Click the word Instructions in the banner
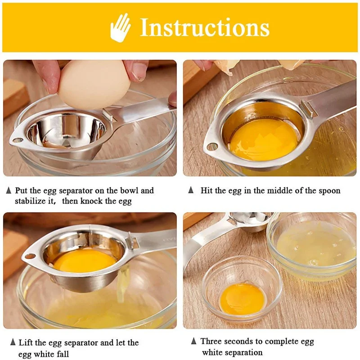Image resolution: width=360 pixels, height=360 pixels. pyautogui.click(x=205, y=28)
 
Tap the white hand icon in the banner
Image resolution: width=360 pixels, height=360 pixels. pyautogui.click(x=121, y=27)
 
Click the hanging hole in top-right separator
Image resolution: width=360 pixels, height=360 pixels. pyautogui.click(x=211, y=147)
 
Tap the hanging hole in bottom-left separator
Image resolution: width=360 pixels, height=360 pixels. pyautogui.click(x=30, y=256)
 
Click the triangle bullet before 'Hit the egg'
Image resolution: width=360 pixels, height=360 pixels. pyautogui.click(x=191, y=190)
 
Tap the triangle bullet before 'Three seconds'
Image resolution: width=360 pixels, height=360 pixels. pyautogui.click(x=193, y=341)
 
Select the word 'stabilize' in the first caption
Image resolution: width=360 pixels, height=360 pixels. pyautogui.click(x=32, y=201)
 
